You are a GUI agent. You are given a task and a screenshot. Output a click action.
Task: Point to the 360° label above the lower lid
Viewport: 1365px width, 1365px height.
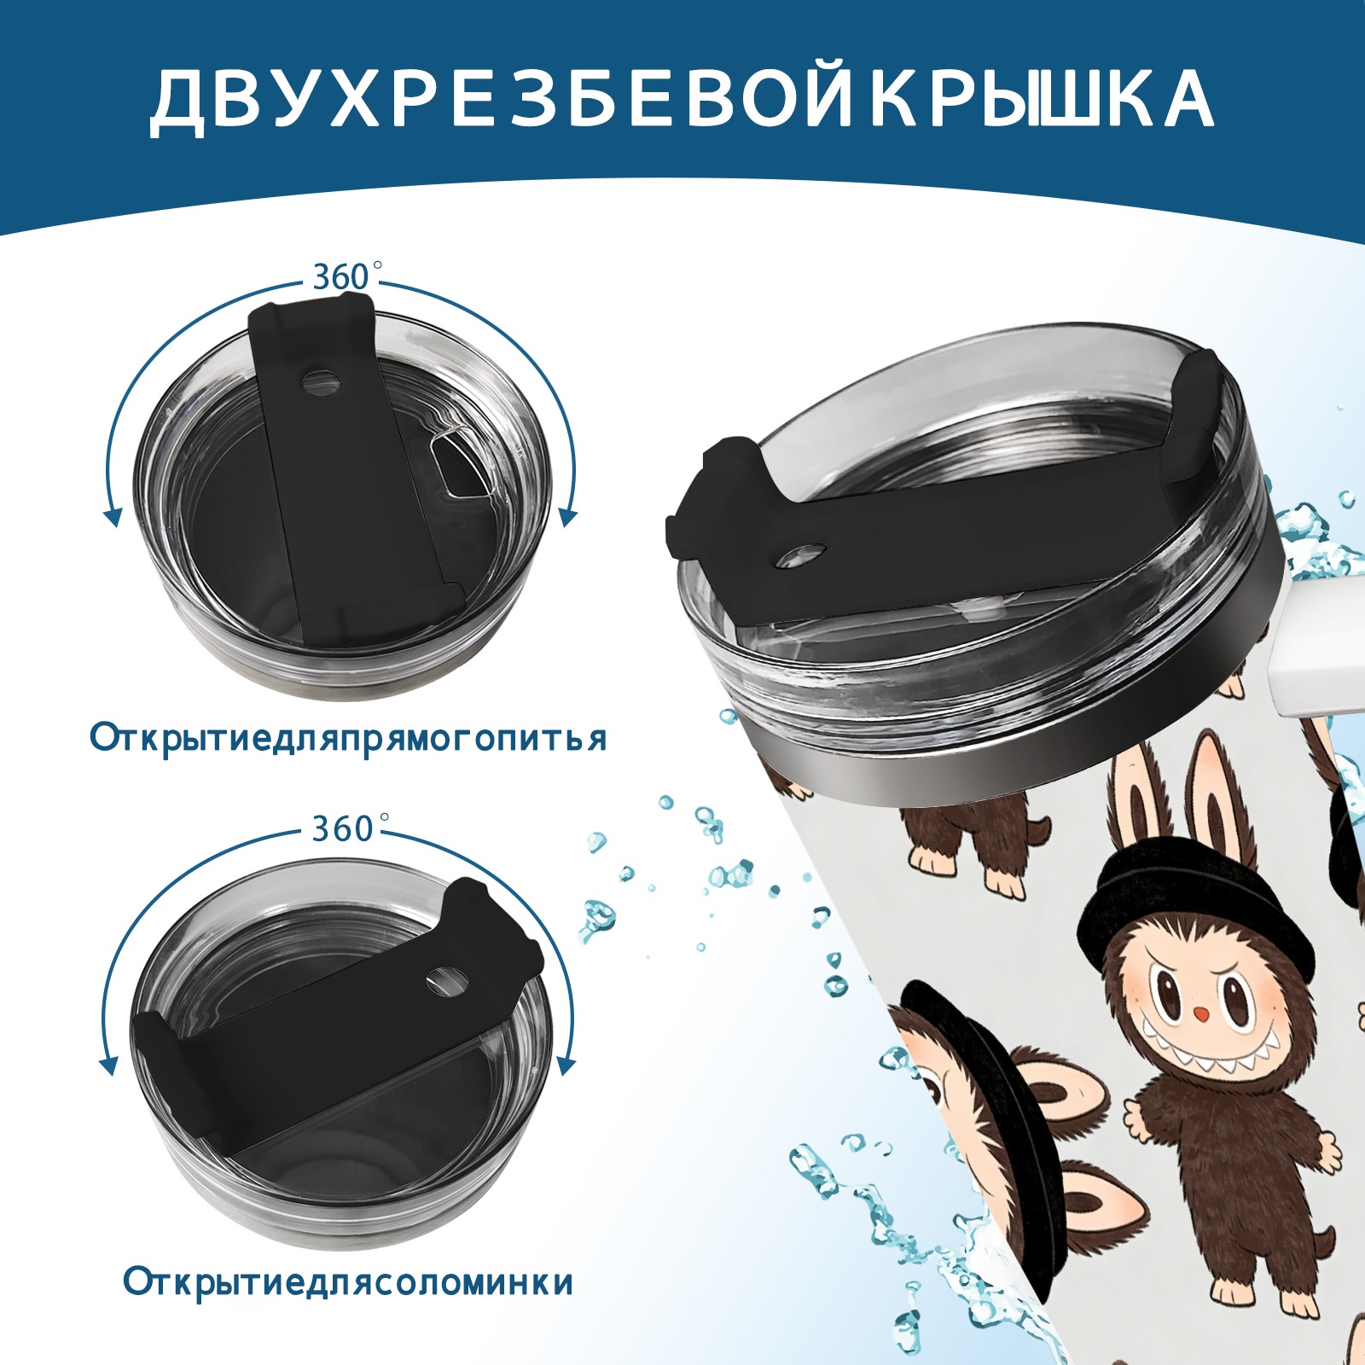point(345,828)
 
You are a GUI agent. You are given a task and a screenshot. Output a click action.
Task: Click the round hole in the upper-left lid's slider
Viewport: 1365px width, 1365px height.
point(320,380)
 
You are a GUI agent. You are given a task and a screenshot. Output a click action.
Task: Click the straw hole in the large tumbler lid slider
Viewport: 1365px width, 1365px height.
point(802,555)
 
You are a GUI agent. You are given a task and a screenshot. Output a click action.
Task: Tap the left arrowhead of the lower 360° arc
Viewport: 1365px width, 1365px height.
point(109,1066)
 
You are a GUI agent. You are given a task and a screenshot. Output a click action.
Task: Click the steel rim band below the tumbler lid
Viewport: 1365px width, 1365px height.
point(990,751)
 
